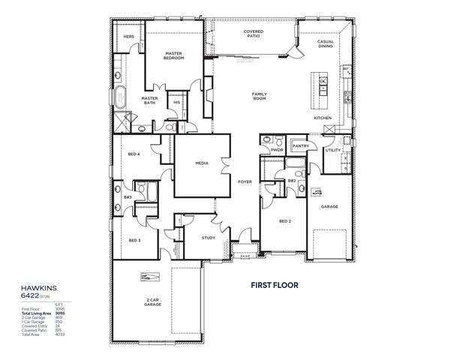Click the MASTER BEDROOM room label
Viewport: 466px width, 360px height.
click(x=174, y=55)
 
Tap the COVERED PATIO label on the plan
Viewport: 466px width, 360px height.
click(x=253, y=34)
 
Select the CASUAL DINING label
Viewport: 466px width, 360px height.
click(x=325, y=44)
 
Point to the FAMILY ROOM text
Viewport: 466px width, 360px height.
click(x=260, y=96)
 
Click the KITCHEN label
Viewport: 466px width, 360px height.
click(x=322, y=118)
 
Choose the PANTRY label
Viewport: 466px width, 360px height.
click(x=301, y=145)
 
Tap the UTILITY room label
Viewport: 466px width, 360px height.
click(x=332, y=150)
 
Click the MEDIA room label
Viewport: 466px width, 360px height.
click(x=201, y=163)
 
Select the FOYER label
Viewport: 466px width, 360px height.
click(x=245, y=181)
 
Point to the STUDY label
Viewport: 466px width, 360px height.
click(x=209, y=238)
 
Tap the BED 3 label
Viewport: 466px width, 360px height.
click(x=134, y=240)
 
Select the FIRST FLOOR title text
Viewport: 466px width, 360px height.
click(x=275, y=286)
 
